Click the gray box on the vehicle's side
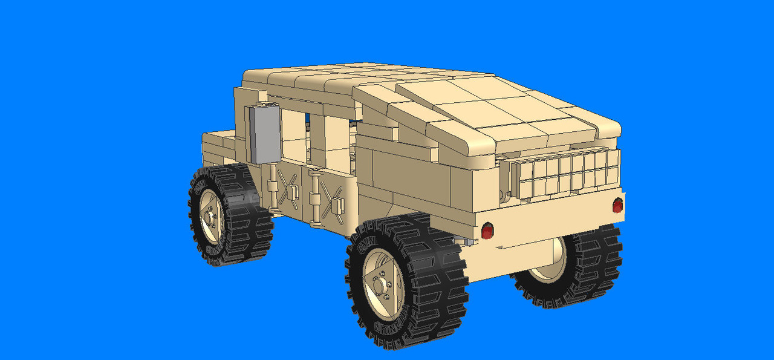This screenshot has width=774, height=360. click(x=265, y=134)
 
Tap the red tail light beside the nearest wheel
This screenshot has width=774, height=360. click(x=487, y=231)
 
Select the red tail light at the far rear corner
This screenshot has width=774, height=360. click(x=617, y=206)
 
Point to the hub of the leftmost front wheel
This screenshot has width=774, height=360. click(x=210, y=215)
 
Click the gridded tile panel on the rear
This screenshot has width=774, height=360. click(x=565, y=172)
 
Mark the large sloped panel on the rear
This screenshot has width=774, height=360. click(x=502, y=115)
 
